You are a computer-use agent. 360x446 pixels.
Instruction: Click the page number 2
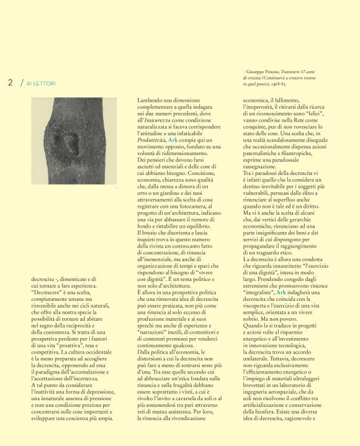point(11,83)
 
